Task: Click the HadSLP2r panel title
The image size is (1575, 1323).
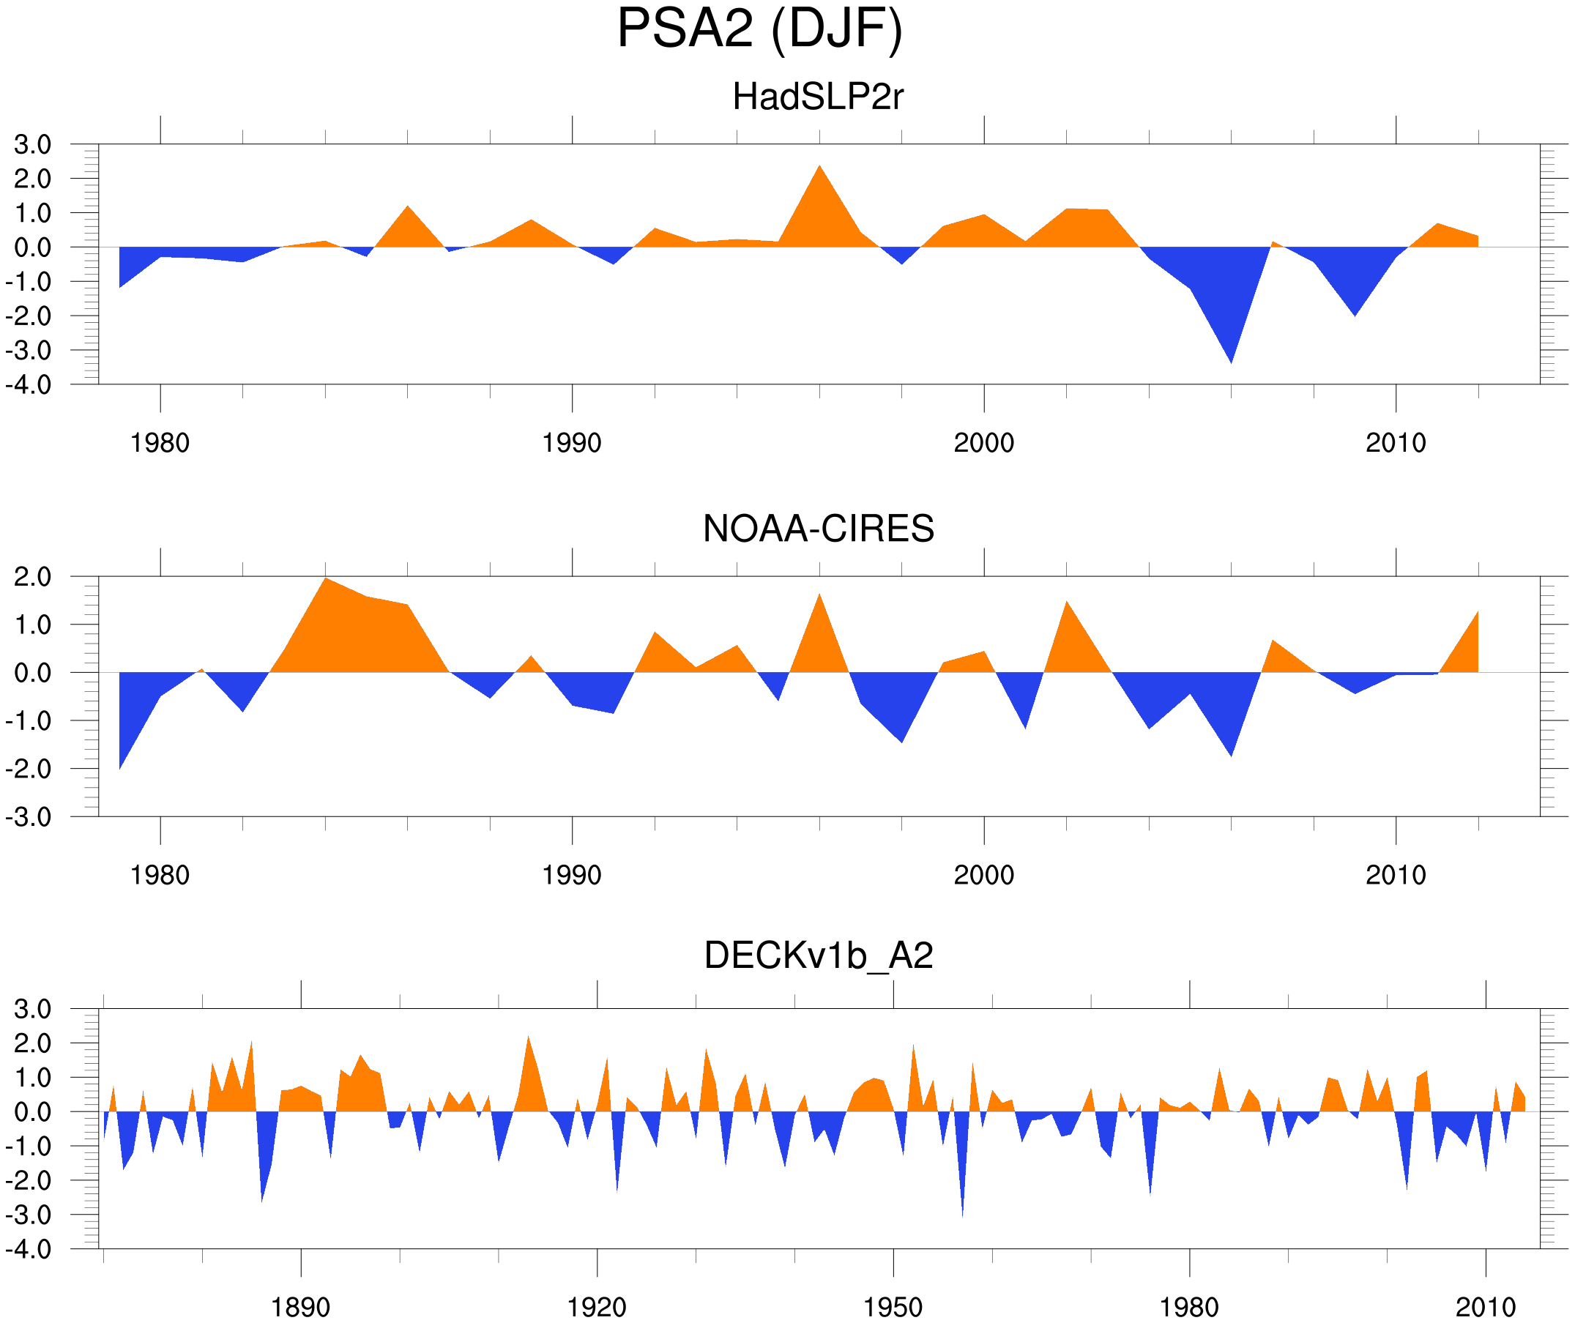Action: (818, 97)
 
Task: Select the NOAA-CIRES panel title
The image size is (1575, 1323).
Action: (818, 529)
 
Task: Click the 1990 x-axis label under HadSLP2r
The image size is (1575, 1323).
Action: (572, 443)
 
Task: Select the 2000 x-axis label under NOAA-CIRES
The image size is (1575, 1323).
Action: (983, 875)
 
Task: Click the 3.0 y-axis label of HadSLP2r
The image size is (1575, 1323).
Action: (33, 145)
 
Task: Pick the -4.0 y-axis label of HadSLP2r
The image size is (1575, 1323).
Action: (29, 385)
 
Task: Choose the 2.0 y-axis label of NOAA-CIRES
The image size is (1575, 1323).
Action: (33, 578)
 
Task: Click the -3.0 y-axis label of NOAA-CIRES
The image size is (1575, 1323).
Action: (29, 818)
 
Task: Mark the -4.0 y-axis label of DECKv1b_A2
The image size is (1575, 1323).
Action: (29, 1250)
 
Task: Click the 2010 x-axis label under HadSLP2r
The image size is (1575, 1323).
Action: (1395, 443)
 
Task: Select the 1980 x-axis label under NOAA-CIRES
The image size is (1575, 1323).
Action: (160, 875)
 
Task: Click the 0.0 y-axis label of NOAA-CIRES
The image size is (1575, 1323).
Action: (33, 674)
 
